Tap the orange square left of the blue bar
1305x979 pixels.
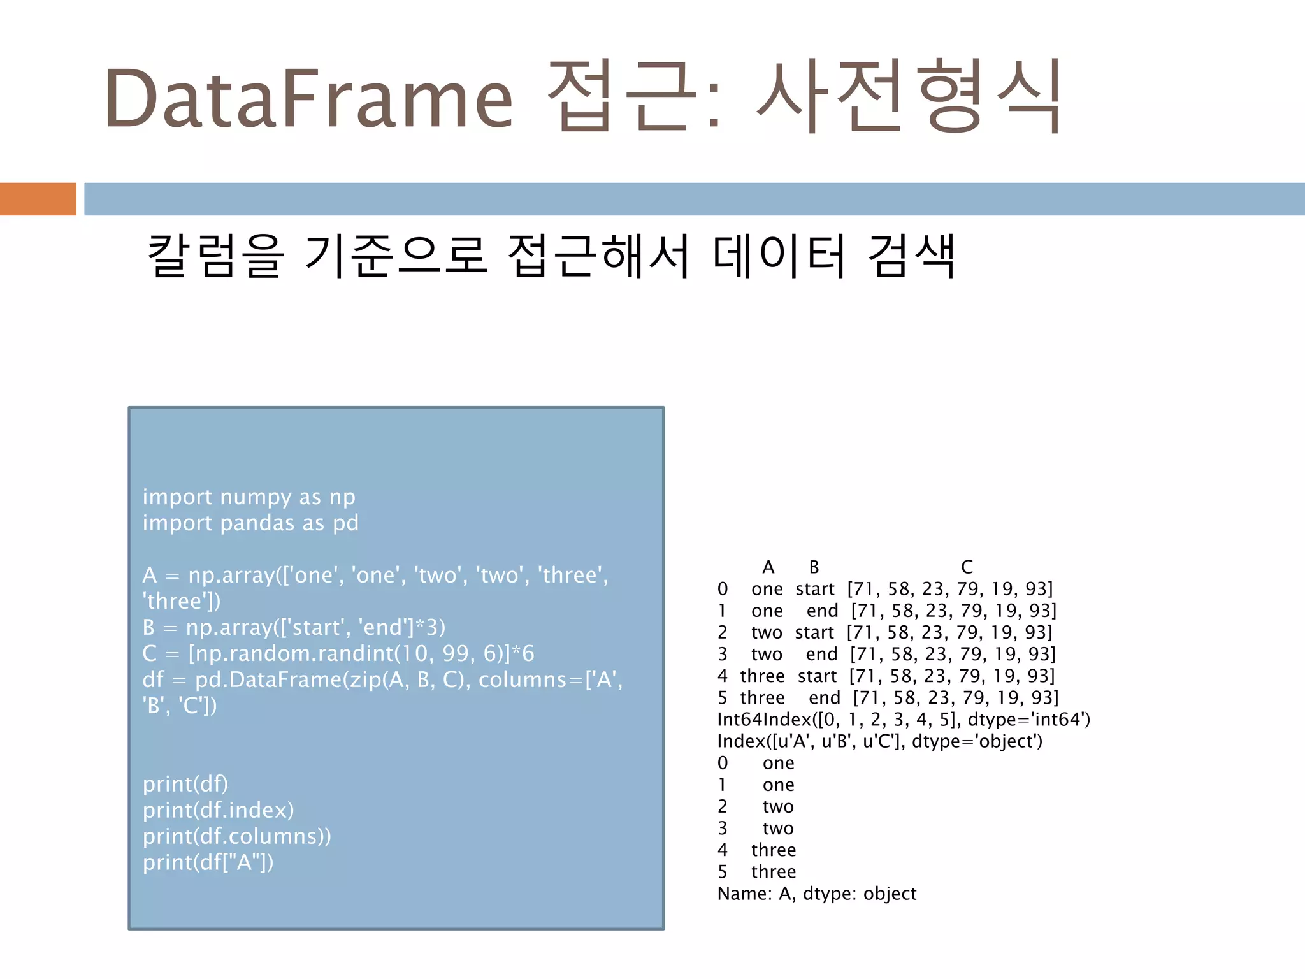click(38, 199)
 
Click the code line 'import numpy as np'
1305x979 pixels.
click(249, 497)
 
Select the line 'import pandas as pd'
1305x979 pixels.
click(250, 523)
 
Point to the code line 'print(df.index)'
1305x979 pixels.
click(218, 810)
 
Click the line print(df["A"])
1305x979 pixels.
click(208, 862)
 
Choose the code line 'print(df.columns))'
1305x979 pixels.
click(236, 836)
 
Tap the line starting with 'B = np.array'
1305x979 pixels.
click(294, 627)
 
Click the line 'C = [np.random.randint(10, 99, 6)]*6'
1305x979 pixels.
click(338, 653)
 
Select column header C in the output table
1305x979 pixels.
click(967, 567)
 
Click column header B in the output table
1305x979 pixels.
click(814, 567)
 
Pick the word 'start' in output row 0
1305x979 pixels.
click(815, 589)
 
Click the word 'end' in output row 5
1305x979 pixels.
click(825, 698)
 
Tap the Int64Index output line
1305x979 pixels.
click(904, 720)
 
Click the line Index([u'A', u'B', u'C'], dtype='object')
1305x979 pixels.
click(879, 741)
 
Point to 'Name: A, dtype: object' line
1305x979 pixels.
click(816, 894)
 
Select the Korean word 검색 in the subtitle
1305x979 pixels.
click(911, 256)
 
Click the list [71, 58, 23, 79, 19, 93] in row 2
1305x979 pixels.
click(949, 632)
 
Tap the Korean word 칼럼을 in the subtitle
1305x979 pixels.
click(215, 256)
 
